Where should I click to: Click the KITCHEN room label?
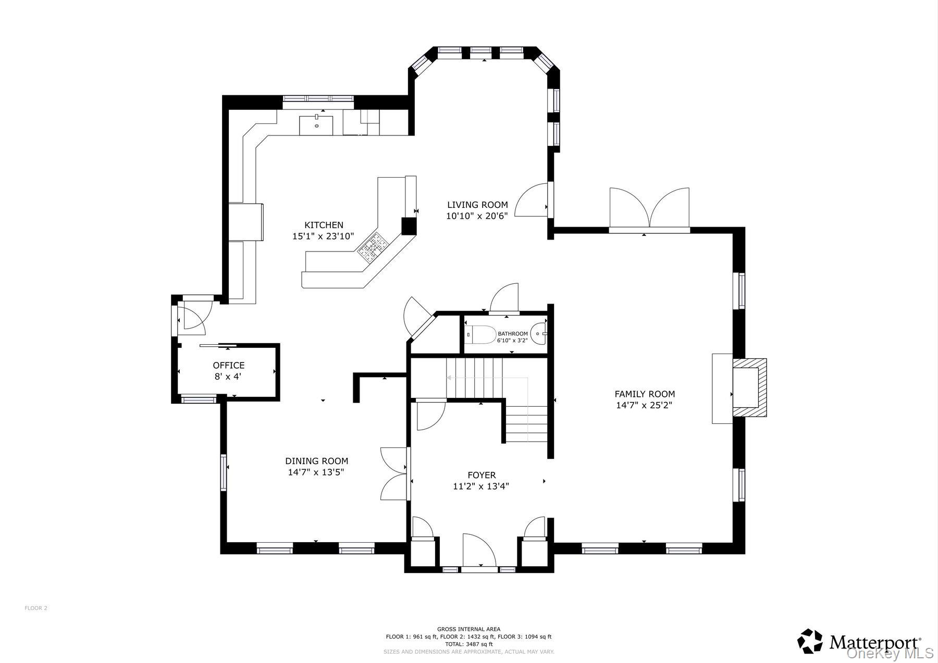click(324, 225)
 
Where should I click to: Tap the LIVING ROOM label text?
click(477, 205)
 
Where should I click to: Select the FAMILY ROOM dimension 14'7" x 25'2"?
click(644, 405)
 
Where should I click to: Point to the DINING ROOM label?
click(316, 461)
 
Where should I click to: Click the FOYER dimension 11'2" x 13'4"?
click(481, 486)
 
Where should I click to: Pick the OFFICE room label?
click(228, 366)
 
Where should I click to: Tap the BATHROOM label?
click(513, 334)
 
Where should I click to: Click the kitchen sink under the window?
click(316, 124)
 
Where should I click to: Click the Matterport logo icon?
click(810, 641)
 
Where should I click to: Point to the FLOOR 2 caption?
click(36, 608)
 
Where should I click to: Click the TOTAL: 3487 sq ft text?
click(468, 644)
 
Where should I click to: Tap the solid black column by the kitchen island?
click(410, 226)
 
